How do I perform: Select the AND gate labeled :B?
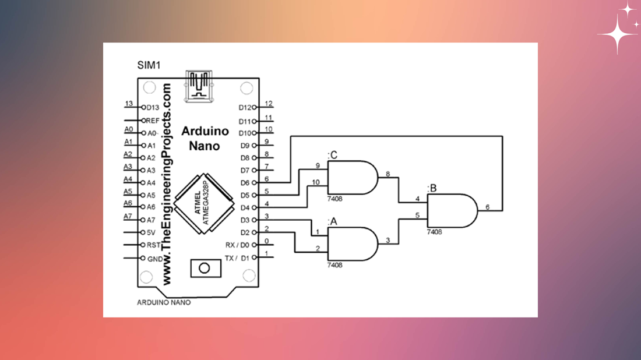(452, 211)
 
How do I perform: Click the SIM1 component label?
(149, 65)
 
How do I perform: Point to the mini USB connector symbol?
(198, 86)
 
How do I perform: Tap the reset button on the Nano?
(205, 268)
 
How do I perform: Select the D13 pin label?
(152, 108)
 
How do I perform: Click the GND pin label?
(155, 259)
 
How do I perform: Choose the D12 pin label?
(245, 108)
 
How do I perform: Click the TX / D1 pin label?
(237, 258)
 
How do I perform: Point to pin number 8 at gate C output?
(388, 174)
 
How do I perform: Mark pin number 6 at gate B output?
(487, 207)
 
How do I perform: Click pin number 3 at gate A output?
(388, 240)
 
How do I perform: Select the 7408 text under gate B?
(434, 232)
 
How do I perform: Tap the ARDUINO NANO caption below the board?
(164, 302)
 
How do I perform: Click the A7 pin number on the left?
(128, 217)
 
